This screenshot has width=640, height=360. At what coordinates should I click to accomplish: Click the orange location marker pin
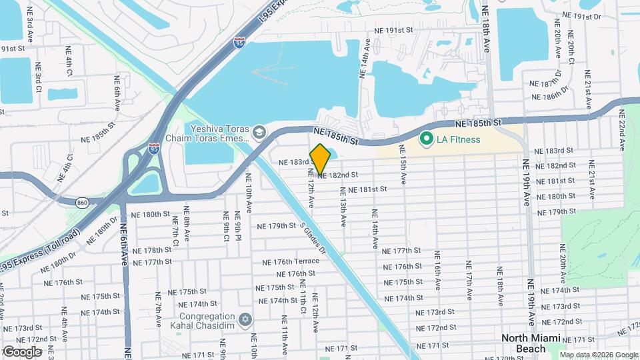(321, 159)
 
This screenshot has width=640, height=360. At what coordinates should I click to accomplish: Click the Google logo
(23, 351)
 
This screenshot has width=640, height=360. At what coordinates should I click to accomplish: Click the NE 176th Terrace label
(291, 262)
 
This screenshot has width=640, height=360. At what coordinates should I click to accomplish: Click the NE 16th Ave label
(438, 271)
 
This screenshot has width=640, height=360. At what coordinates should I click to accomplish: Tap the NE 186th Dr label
(550, 93)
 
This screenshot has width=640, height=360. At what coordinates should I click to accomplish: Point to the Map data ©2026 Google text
(599, 355)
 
